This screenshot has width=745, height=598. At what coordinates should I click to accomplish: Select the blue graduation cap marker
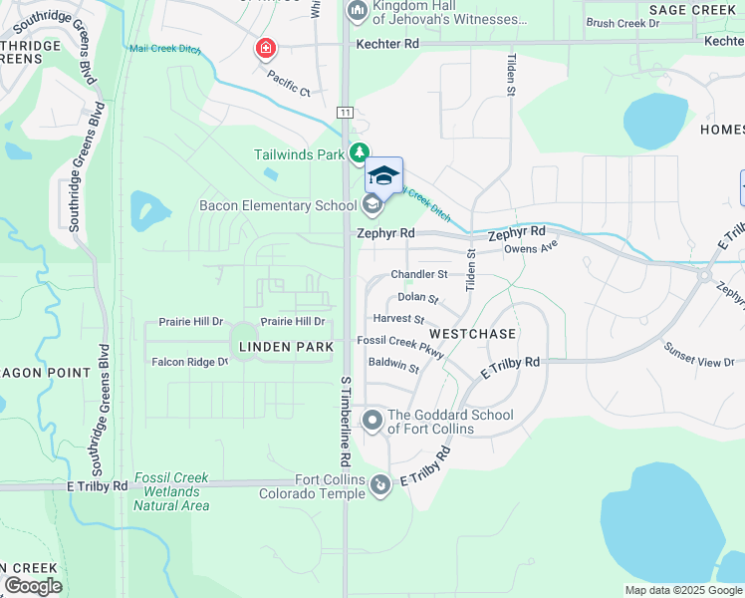[384, 175]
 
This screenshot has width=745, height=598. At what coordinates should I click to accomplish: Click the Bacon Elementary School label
[278, 206]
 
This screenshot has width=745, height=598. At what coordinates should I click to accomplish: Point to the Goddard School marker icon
[372, 421]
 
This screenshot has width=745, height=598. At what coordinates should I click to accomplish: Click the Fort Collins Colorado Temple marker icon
[379, 485]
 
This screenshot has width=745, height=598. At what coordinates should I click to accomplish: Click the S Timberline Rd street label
[346, 422]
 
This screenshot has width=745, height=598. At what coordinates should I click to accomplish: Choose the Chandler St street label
[419, 274]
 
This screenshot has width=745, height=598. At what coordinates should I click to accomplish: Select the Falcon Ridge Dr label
[189, 362]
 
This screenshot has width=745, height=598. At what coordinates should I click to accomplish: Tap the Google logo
[33, 586]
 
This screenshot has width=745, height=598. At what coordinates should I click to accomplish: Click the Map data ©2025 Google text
[682, 590]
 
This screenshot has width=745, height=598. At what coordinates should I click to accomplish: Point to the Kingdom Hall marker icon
[357, 12]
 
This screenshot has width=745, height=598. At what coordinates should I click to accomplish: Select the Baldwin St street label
[393, 367]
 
